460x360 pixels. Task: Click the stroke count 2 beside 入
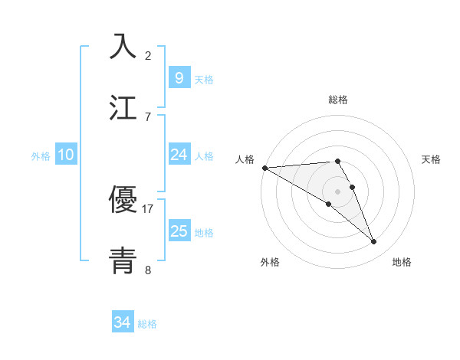[148, 55]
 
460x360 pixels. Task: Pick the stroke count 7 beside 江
[148, 116]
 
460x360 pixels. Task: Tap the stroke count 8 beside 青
[148, 270]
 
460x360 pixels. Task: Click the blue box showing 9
[179, 77]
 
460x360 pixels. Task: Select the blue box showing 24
[179, 155]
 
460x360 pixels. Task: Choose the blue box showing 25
[179, 231]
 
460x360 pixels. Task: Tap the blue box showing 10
[65, 155]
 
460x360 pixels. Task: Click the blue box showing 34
[122, 322]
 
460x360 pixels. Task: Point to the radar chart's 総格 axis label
[338, 100]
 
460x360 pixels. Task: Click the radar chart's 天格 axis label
[432, 159]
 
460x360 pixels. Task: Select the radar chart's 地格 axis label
[402, 262]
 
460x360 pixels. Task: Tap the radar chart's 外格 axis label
[270, 262]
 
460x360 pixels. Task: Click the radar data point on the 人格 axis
[264, 168]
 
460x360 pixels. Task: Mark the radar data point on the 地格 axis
[374, 242]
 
